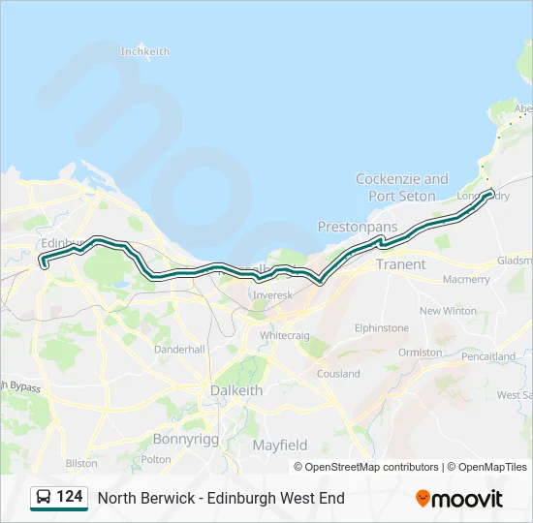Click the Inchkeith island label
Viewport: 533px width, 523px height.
(x=145, y=51)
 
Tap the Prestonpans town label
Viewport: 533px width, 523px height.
(x=358, y=227)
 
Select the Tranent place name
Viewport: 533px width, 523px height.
(x=400, y=264)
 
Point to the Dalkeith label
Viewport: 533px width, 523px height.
(x=236, y=390)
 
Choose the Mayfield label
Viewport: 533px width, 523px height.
(x=280, y=446)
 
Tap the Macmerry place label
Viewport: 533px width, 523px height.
(x=466, y=279)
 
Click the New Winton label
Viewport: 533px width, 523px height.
(x=448, y=311)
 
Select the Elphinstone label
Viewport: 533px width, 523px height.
(x=381, y=328)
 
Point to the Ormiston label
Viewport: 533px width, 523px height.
(x=420, y=353)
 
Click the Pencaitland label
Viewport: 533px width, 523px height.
(x=488, y=356)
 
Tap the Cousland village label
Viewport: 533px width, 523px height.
(x=337, y=374)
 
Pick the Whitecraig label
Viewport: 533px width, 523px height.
(x=284, y=334)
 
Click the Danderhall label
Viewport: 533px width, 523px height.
(x=179, y=349)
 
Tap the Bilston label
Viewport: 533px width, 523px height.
(x=81, y=464)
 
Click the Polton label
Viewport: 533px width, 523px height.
(x=156, y=459)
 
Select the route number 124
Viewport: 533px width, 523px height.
(x=70, y=497)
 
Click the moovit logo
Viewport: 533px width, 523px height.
(x=459, y=499)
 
